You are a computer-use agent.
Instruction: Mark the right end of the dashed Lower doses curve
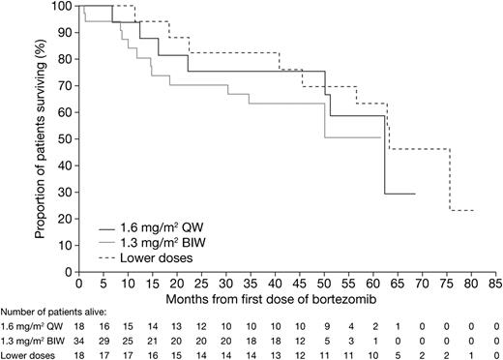tap(472, 210)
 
